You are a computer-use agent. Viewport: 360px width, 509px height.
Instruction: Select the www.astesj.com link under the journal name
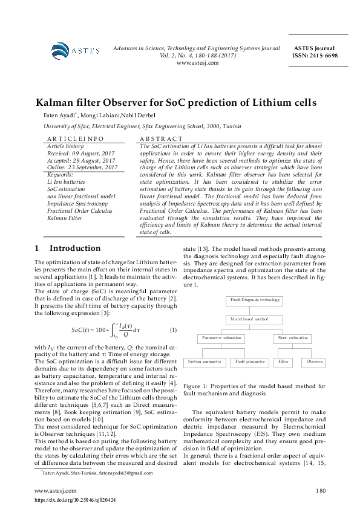pyautogui.click(x=197, y=62)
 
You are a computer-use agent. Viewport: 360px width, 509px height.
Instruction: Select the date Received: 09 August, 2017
pyautogui.click(x=73, y=153)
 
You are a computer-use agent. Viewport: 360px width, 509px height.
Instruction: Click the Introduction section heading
pyautogui.click(x=74, y=248)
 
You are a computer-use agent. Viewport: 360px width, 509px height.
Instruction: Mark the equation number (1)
pyautogui.click(x=173, y=329)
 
